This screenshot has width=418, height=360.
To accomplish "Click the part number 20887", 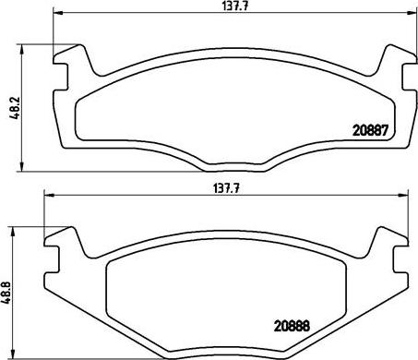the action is (371, 131).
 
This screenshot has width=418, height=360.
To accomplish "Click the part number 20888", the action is (292, 326).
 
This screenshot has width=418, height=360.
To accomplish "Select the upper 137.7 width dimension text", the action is (235, 6).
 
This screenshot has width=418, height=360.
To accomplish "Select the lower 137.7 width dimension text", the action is (226, 188).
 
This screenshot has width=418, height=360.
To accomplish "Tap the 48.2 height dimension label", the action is (15, 108).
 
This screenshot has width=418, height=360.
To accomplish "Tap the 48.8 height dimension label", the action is (6, 294).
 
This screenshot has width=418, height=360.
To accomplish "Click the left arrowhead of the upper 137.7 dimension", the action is (58, 13).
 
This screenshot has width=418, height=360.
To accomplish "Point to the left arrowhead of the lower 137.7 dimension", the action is (49, 195).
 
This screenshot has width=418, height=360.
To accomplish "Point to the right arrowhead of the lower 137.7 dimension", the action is (403, 195).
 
